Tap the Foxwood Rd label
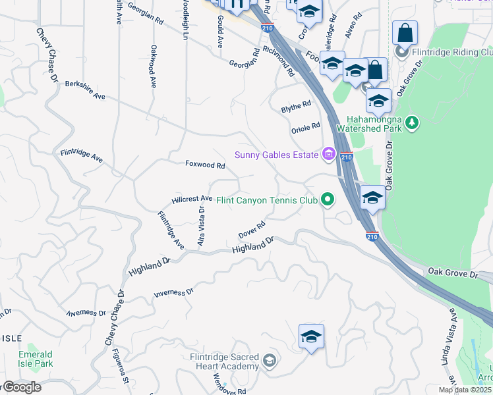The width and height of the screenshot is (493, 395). (200, 164)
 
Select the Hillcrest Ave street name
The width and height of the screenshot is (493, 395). (192, 198)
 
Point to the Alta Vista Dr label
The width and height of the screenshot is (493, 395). (201, 226)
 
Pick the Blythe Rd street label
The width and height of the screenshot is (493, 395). (296, 106)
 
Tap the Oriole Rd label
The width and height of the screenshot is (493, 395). (306, 127)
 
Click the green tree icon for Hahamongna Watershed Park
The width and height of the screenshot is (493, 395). (412, 122)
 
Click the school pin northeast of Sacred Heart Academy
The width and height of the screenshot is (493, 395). (310, 336)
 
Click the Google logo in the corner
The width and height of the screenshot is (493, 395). (21, 387)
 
